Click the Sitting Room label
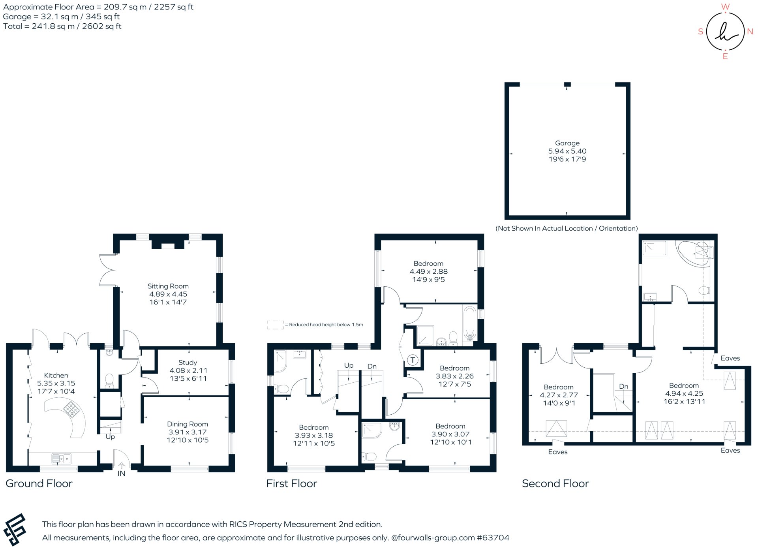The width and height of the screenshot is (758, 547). (x=168, y=286)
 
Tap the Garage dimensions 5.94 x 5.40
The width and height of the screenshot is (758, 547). (x=567, y=151)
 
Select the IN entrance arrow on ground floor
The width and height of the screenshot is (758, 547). (x=122, y=466)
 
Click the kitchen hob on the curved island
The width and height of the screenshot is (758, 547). (x=71, y=409)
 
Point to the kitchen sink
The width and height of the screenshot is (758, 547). (x=61, y=459)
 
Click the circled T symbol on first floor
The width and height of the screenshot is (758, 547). (x=413, y=360)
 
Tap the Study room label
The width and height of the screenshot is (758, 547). (x=188, y=362)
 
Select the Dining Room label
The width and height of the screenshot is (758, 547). (x=187, y=424)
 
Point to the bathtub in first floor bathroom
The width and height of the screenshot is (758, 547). (x=469, y=323)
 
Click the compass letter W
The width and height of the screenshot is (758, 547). (x=725, y=7)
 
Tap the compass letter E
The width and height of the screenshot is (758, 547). (x=725, y=56)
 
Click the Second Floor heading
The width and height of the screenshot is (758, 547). (x=555, y=483)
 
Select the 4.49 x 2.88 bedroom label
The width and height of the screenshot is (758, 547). (x=428, y=271)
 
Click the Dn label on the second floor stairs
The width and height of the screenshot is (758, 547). (x=624, y=386)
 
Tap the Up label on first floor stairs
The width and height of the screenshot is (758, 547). (x=349, y=365)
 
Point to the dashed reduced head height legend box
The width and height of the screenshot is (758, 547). (x=275, y=325)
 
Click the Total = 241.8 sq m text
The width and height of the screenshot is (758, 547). (x=62, y=26)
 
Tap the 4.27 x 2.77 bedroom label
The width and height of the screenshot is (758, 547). (x=559, y=395)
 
